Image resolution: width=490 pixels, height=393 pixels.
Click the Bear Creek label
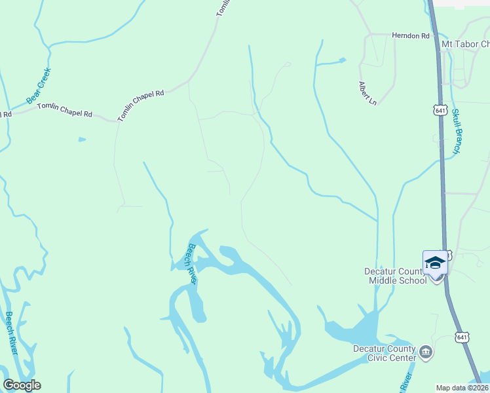tap(39, 86)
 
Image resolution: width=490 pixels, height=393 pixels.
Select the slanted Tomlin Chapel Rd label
tap(140, 105)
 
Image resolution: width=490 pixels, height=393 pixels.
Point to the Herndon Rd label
tap(410, 35)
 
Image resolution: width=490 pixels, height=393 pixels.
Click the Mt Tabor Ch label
tap(466, 44)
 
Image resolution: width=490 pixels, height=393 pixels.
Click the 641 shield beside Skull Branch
tap(440, 110)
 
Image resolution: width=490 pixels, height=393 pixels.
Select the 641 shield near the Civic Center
tap(462, 337)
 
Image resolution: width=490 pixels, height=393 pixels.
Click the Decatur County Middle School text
tap(396, 276)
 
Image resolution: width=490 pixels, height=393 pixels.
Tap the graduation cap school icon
tap(435, 263)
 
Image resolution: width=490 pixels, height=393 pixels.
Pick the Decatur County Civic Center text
tap(385, 353)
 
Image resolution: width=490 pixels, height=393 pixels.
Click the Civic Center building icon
tap(426, 352)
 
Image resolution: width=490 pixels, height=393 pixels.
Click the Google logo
tap(22, 385)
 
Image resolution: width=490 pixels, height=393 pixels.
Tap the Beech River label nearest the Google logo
tap(10, 333)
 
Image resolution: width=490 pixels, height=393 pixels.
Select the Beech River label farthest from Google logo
tap(191, 263)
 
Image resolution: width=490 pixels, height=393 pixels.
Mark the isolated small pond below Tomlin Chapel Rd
tap(81, 140)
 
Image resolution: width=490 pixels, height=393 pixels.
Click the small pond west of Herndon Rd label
tap(341, 61)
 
